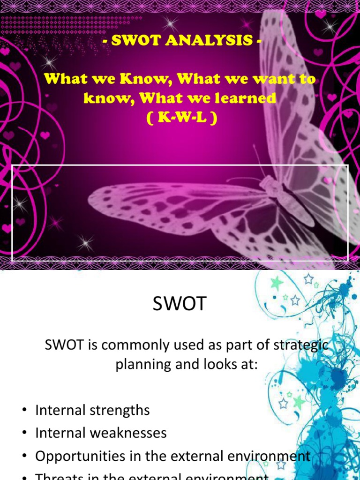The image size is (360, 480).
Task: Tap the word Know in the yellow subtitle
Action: click(140, 79)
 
